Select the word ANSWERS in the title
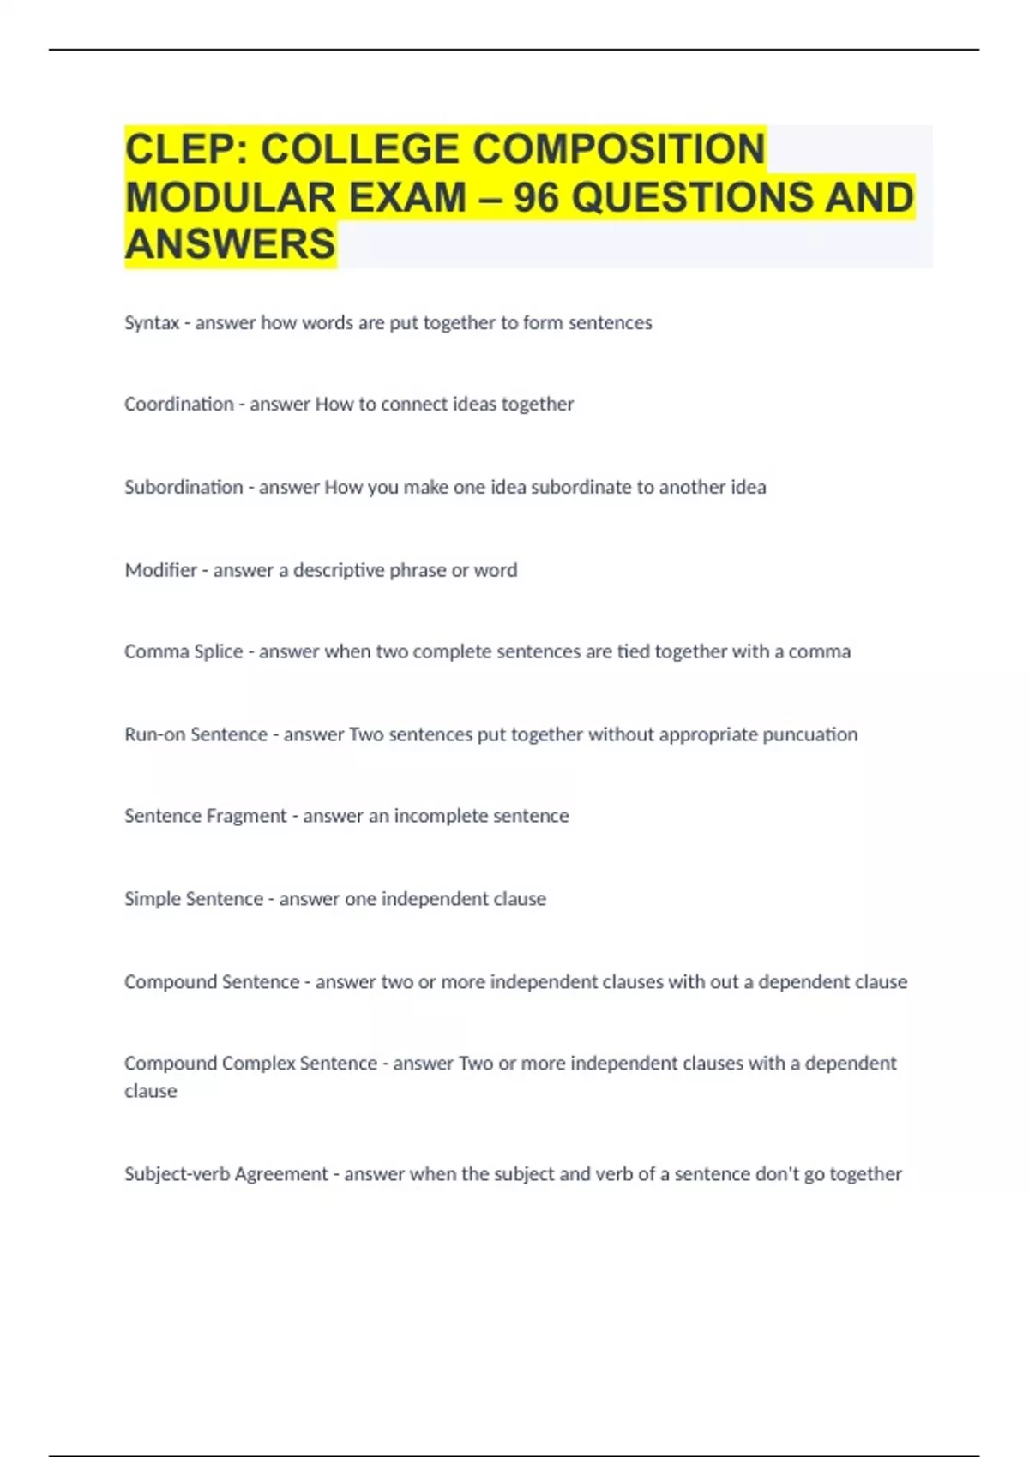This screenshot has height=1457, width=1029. coord(230,244)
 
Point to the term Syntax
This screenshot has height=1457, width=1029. coord(152,323)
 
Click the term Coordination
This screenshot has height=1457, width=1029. coord(178,404)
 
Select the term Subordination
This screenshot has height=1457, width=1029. coord(184,487)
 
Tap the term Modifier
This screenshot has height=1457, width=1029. coord(160,570)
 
